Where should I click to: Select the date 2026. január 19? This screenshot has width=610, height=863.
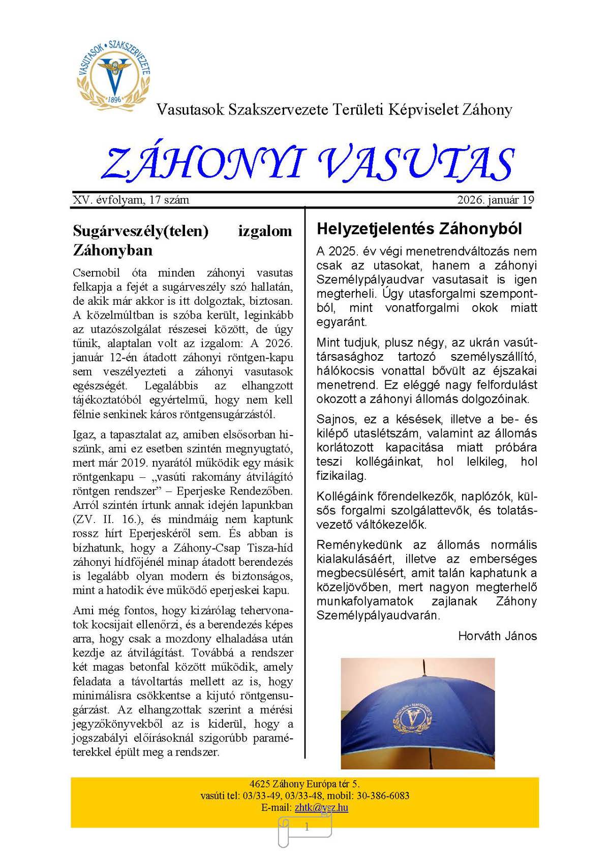coord(495,200)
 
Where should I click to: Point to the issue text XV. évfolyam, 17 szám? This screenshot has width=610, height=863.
coord(131,200)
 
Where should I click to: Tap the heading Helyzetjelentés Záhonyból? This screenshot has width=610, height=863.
coord(419,229)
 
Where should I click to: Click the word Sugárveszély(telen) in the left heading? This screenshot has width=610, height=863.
coord(141,232)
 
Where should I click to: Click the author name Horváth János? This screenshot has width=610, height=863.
coord(497,636)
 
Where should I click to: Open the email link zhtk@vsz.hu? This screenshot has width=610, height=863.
coord(321,808)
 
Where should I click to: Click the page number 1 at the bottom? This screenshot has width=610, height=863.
coord(307,827)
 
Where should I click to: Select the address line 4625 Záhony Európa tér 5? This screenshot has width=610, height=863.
coord(304,784)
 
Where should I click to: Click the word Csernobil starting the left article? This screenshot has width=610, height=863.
coord(97,273)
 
